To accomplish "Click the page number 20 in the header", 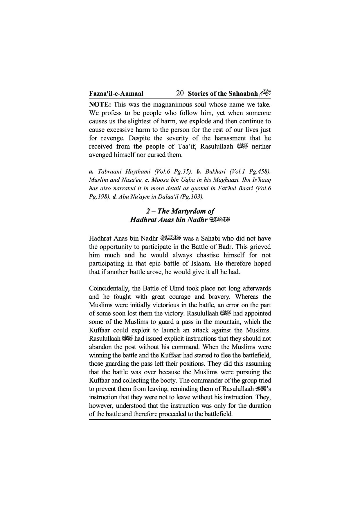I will tap(180, 93).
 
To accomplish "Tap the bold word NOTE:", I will tap(100, 104).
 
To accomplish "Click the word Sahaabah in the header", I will tap(243, 94).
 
